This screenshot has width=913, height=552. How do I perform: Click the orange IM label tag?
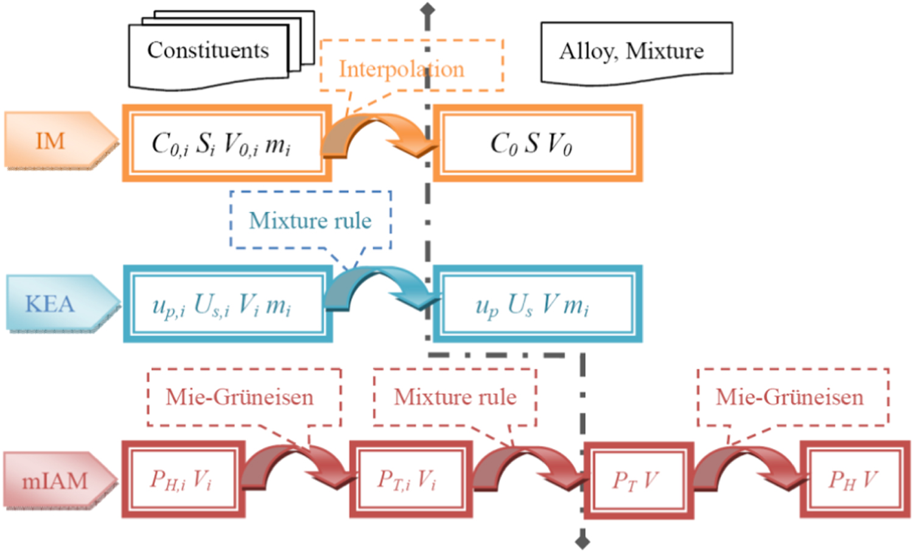(58, 141)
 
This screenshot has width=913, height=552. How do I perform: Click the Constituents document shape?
(209, 51)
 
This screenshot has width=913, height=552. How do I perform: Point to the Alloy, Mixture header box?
(636, 52)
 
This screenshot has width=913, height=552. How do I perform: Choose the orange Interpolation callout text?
(401, 69)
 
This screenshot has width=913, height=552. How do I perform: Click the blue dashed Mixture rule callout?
(310, 220)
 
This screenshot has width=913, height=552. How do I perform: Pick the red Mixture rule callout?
(455, 397)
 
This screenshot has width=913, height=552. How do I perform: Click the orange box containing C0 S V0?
(537, 144)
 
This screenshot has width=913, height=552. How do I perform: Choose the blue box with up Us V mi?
(537, 304)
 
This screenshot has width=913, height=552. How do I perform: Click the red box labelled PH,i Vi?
(183, 480)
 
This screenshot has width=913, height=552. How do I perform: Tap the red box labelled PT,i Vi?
(411, 480)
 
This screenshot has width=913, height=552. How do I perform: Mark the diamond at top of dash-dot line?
(428, 9)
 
